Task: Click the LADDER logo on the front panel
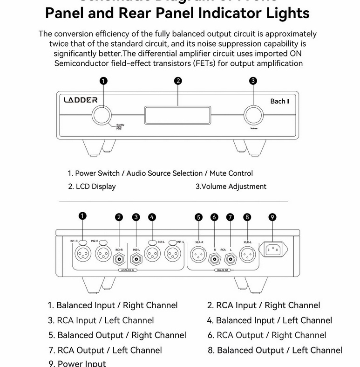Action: point(81,99)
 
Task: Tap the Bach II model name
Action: point(280,101)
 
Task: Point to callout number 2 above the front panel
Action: point(177,81)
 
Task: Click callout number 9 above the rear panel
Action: point(272,217)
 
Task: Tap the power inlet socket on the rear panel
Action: point(275,251)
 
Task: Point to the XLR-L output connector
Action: point(247,255)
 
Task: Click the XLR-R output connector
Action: point(198,255)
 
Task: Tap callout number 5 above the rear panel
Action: point(198,217)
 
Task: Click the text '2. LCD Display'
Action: point(92,186)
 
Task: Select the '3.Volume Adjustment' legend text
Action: point(231,186)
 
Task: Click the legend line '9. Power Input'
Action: point(77,363)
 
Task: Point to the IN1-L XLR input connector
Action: point(173,255)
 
